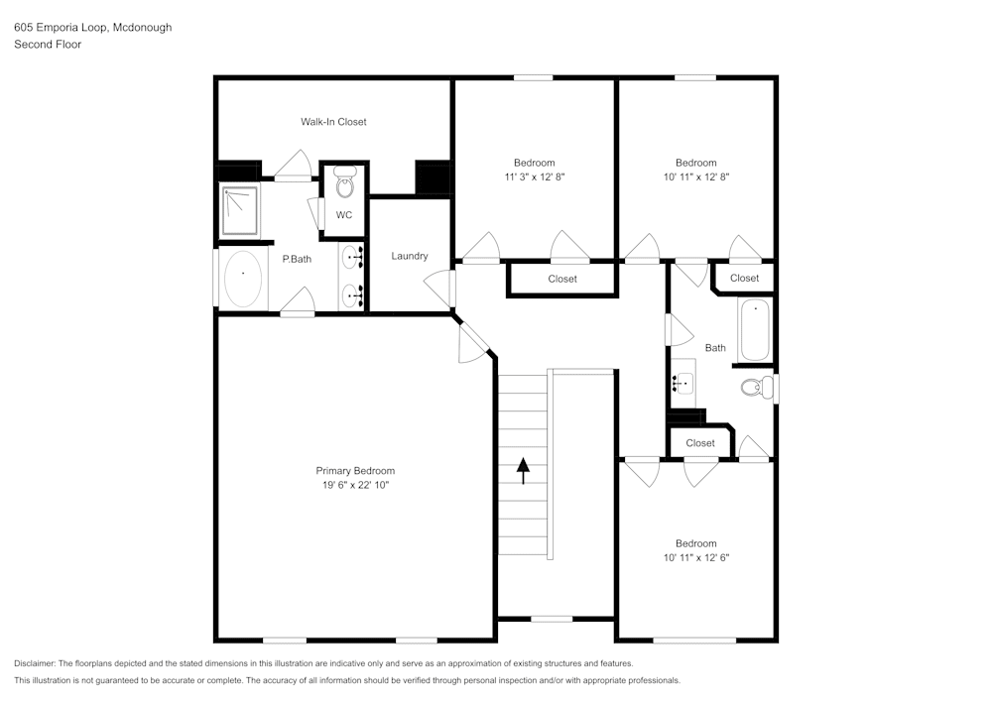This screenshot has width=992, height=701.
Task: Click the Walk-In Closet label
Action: click(333, 122)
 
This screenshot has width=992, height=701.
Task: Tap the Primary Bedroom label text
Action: click(355, 471)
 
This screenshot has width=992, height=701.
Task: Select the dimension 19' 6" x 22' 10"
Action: click(355, 485)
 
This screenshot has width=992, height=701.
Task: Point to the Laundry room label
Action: click(409, 256)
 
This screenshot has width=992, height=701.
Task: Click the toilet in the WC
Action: click(344, 185)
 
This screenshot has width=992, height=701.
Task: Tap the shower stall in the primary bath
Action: click(238, 209)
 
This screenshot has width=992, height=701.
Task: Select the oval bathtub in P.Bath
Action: click(243, 279)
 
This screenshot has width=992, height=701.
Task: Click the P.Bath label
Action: click(297, 260)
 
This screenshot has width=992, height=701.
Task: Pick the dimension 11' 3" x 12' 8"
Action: click(534, 176)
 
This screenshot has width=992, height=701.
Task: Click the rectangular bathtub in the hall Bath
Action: click(755, 330)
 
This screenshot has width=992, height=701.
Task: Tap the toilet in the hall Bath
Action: click(756, 388)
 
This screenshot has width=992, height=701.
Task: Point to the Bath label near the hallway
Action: click(715, 348)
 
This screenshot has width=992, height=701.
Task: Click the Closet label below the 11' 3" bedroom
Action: click(562, 279)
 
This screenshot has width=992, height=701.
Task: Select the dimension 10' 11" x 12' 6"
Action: click(695, 557)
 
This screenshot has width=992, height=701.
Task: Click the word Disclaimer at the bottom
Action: click(35, 663)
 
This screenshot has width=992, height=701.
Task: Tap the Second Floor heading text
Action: click(48, 45)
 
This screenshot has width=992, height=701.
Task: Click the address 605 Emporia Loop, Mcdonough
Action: click(92, 28)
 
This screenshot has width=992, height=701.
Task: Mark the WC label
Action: click(343, 215)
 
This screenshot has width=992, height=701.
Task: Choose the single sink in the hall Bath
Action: click(682, 380)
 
